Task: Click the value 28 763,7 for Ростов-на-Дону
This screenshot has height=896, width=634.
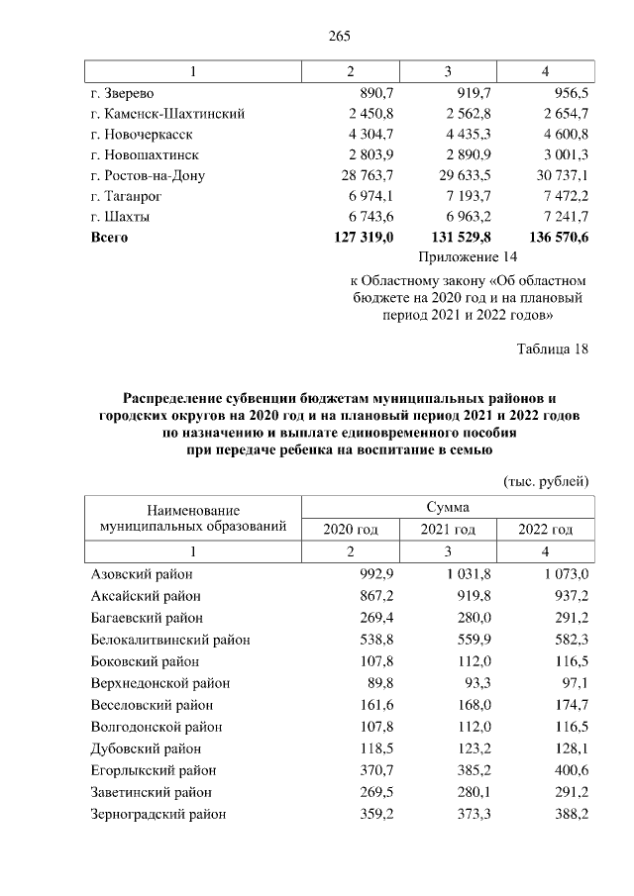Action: click(x=366, y=175)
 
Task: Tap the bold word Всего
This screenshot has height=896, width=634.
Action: click(x=109, y=238)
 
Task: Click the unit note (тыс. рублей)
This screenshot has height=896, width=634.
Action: click(x=547, y=480)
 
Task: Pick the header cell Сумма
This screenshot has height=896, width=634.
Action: click(x=448, y=507)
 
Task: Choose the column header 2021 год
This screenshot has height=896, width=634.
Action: click(x=448, y=530)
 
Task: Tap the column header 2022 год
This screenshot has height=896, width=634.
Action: click(x=546, y=530)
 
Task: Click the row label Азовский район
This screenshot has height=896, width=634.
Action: click(x=141, y=574)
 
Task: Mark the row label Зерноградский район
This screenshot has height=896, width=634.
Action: click(x=158, y=814)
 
